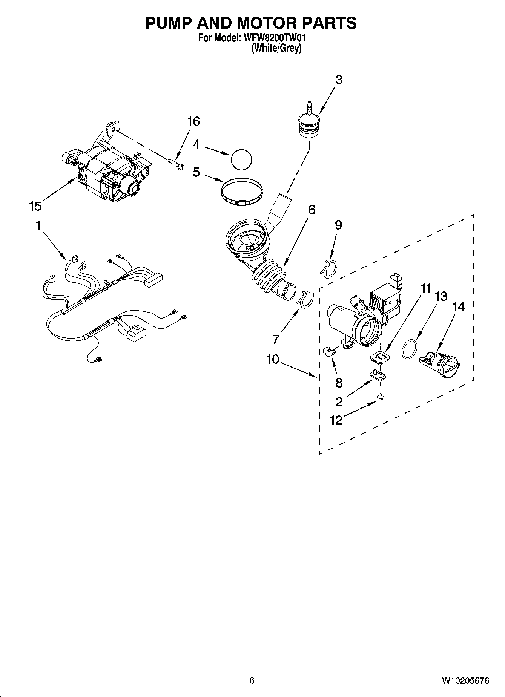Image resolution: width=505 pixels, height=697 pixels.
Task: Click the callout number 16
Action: [193, 122]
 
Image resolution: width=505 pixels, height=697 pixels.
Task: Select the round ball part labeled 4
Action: [241, 159]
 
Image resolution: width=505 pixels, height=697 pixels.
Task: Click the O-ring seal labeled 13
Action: [410, 349]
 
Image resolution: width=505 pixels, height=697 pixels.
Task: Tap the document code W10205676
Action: [465, 680]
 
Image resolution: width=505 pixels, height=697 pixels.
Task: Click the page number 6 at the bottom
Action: [252, 680]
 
